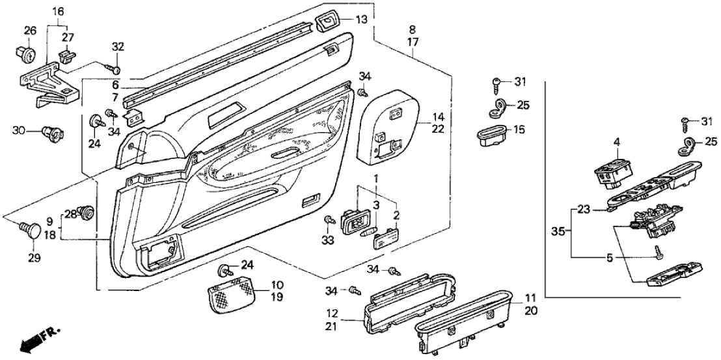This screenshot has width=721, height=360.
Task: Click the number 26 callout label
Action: (30, 31)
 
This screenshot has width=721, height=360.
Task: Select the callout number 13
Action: (362, 20)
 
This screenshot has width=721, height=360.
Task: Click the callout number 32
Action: (117, 47)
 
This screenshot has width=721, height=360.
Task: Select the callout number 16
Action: (58, 12)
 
